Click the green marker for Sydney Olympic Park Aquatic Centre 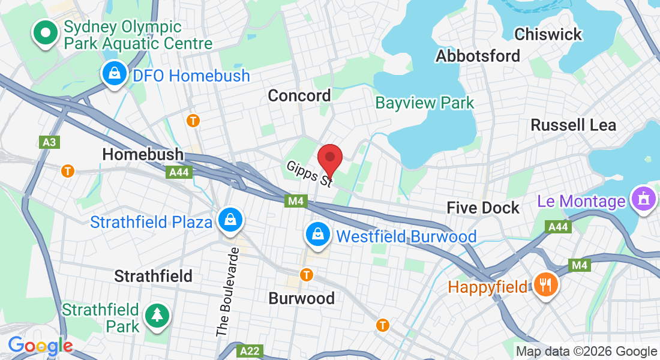point(44,34)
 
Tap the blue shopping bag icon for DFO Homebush point(113,74)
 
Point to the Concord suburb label point(299,95)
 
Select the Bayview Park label point(425,103)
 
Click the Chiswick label point(548,34)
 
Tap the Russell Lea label point(574,125)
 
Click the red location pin point(329,158)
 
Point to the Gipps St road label point(310,173)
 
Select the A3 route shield point(49,142)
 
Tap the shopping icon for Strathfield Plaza point(230,220)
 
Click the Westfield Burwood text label point(406,236)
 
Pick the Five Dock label point(483,208)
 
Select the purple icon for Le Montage point(643,200)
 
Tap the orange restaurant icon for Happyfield point(545,284)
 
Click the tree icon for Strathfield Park point(157,315)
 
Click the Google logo point(40,346)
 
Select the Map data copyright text point(587,352)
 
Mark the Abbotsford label point(478,56)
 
